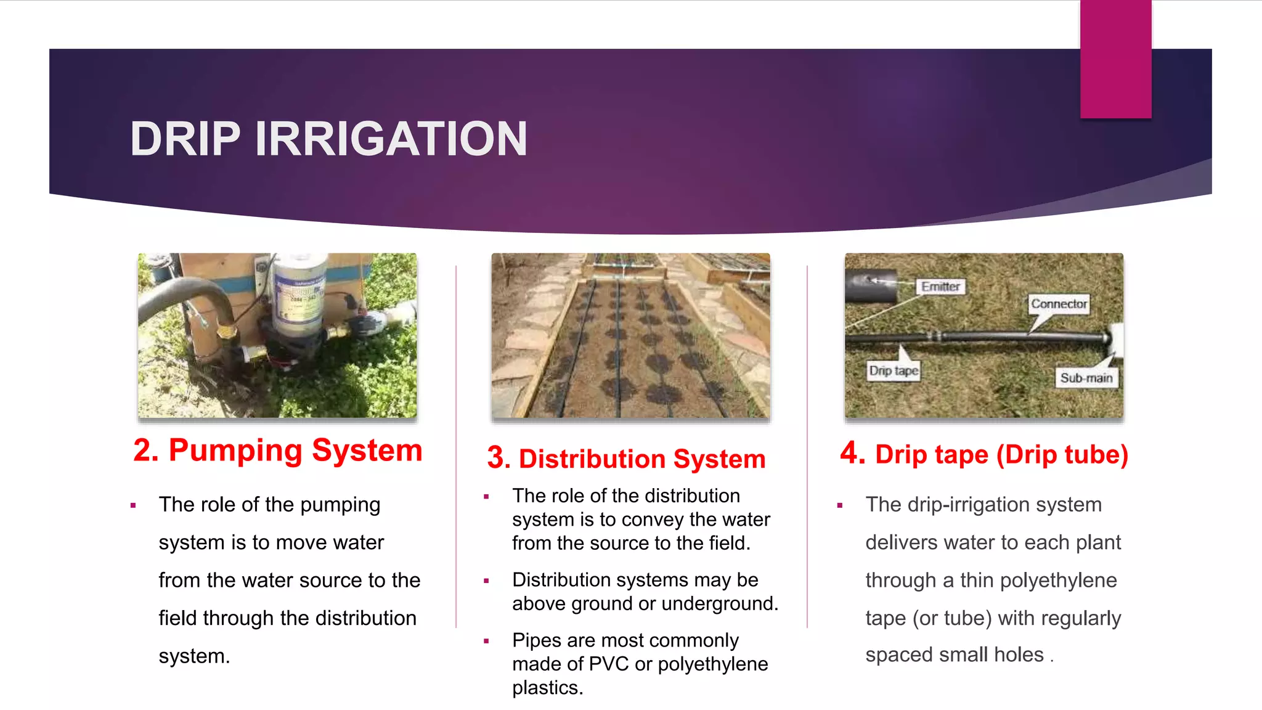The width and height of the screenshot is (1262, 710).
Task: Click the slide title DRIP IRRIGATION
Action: coord(328,139)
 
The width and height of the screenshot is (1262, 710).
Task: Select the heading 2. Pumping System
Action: coord(278,451)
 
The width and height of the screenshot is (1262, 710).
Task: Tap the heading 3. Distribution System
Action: coord(626,459)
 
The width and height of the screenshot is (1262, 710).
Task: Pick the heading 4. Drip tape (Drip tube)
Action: coord(984,454)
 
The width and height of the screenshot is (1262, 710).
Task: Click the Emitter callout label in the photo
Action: coord(940,287)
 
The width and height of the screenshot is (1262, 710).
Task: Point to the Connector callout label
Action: coord(1059,304)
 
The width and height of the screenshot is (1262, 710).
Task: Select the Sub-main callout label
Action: coord(1086,378)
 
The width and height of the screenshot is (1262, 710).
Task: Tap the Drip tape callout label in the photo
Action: coord(894,370)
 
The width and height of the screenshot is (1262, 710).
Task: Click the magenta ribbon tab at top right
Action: coord(1115,59)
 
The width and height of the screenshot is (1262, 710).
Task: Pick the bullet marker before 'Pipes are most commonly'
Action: coord(486,641)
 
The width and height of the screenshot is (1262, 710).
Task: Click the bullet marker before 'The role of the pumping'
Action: coord(133,505)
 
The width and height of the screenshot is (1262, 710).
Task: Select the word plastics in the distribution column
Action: coord(547,688)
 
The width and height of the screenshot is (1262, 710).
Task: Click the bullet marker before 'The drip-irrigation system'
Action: coord(840,505)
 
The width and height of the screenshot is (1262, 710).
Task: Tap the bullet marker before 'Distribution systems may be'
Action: coord(486,581)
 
